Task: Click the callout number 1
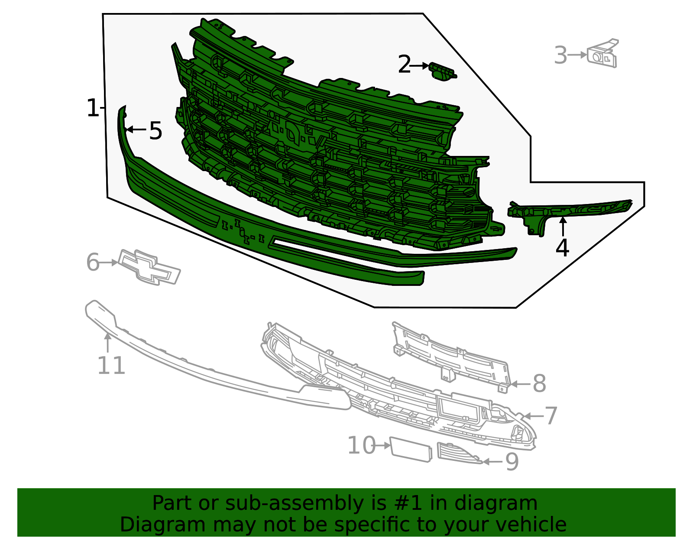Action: [x=92, y=108]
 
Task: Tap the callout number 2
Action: [x=404, y=65]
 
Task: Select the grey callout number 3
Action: [x=561, y=55]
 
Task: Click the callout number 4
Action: [x=562, y=248]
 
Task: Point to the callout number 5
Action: [x=155, y=130]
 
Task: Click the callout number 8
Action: [x=539, y=384]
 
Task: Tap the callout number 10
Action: [x=362, y=446]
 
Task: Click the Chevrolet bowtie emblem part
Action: [x=149, y=267]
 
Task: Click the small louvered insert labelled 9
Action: [x=457, y=453]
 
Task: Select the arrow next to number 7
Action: [x=532, y=416]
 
